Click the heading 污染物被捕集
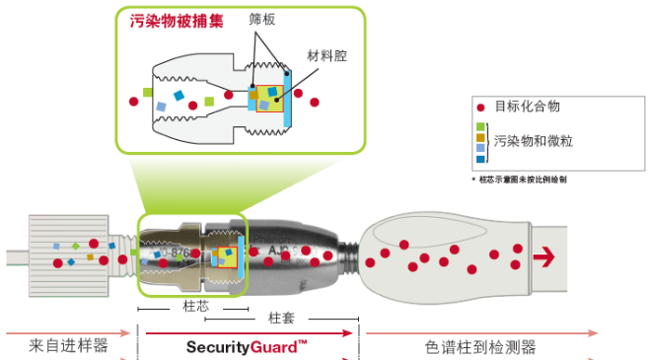(176, 20)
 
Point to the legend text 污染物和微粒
(533, 141)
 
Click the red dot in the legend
(480, 108)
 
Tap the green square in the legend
(480, 126)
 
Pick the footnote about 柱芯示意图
(523, 180)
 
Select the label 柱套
(282, 319)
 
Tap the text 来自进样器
(68, 346)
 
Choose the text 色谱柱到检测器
(480, 346)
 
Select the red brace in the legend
(489, 141)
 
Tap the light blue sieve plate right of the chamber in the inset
(286, 99)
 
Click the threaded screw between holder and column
(348, 255)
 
